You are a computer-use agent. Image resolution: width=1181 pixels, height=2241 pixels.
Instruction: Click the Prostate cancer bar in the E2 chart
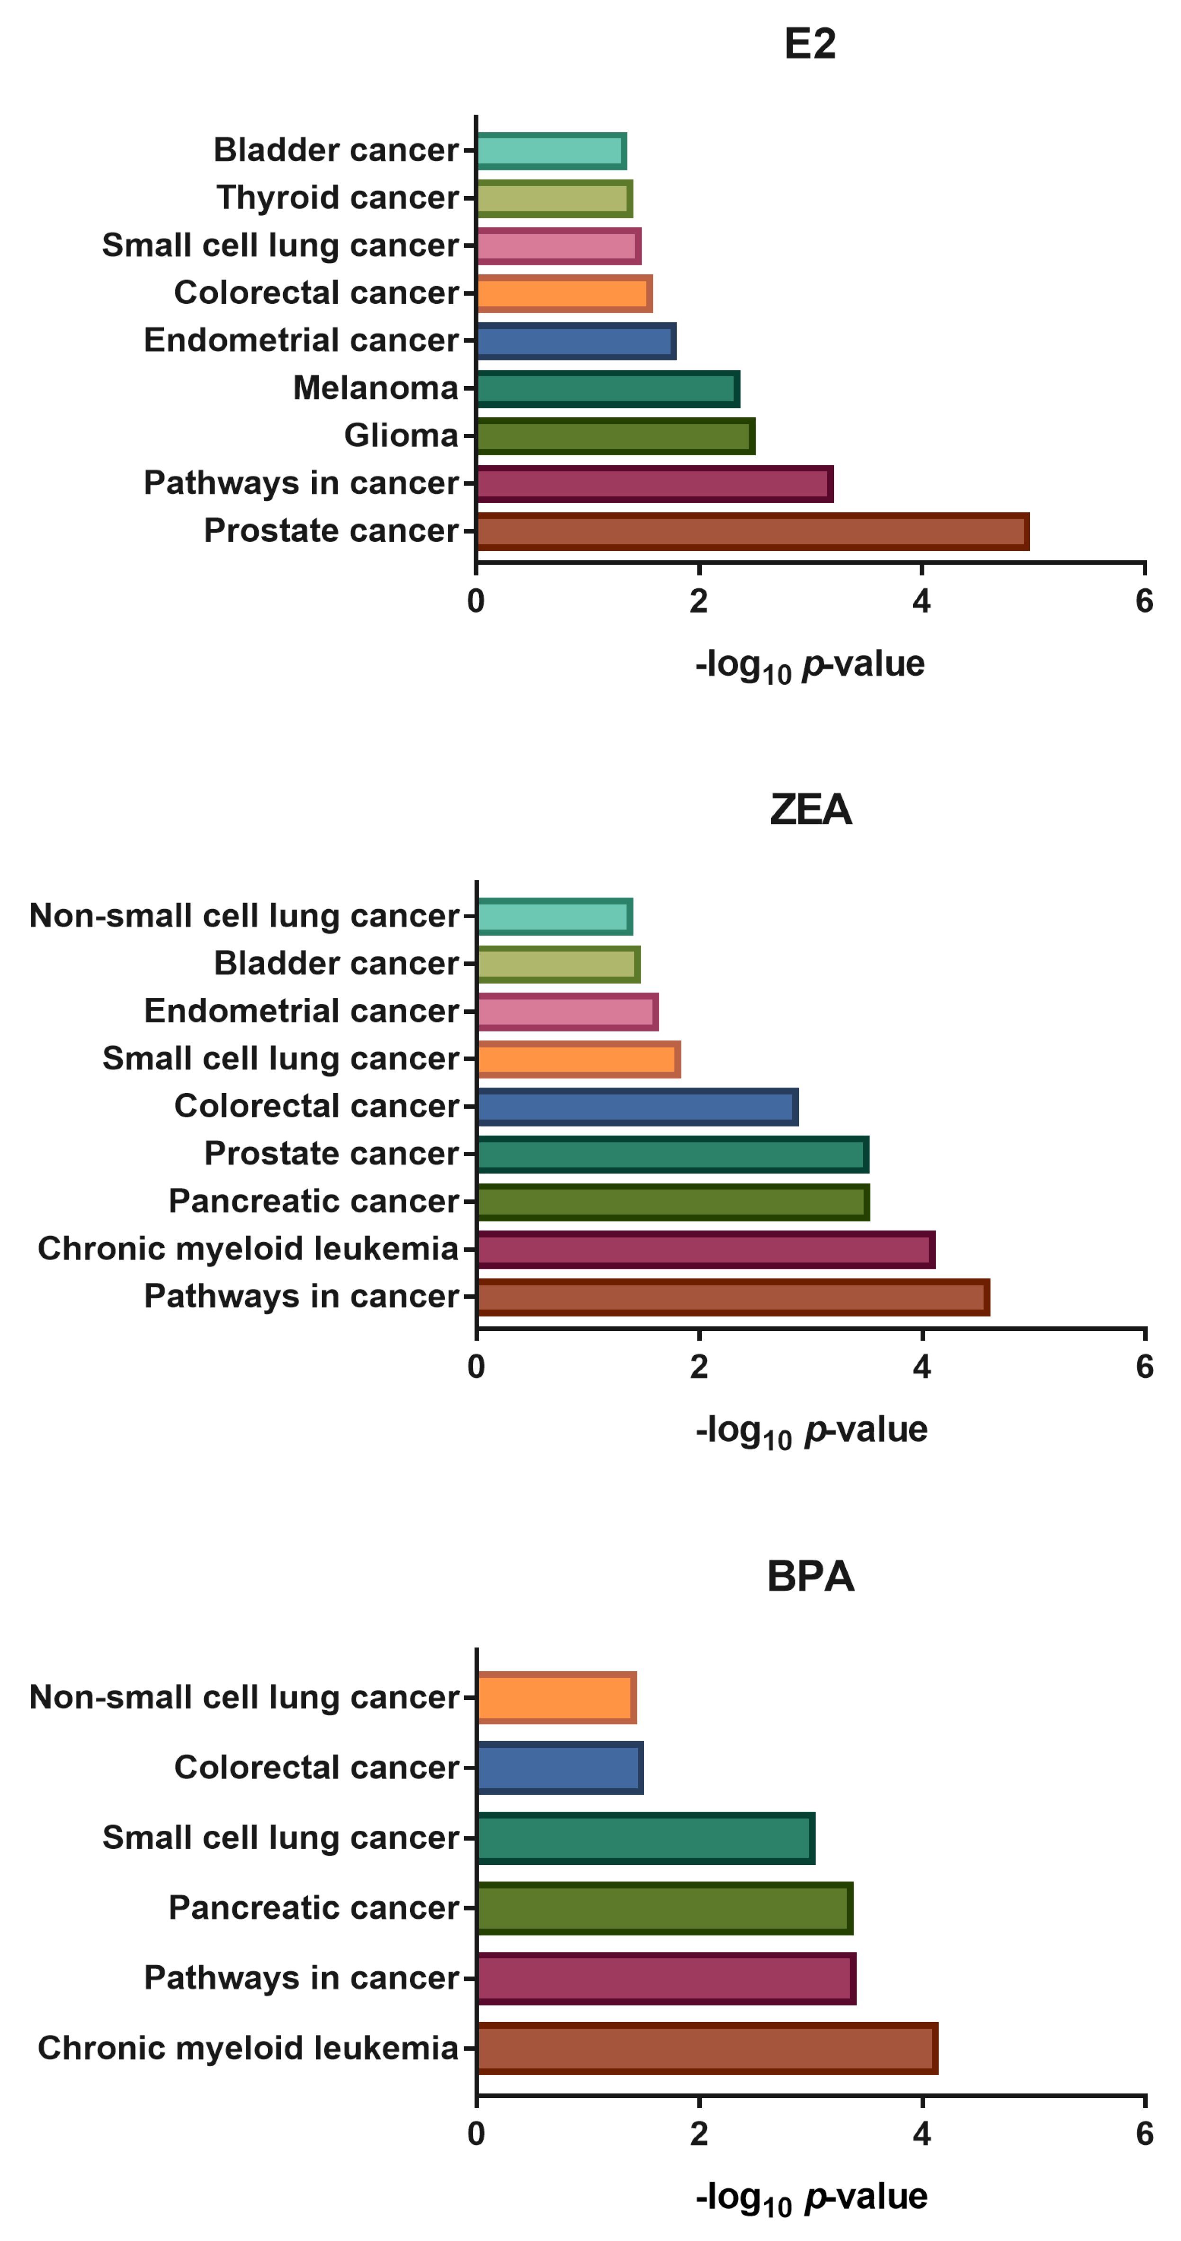[752, 532]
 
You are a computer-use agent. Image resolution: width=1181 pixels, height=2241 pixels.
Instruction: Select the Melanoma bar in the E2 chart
[607, 389]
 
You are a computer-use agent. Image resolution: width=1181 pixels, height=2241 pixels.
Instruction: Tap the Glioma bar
[615, 436]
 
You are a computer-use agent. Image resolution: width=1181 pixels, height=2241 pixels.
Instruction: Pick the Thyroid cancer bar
[554, 199]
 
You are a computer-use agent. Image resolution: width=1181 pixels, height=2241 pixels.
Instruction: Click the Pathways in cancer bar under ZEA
[732, 1297]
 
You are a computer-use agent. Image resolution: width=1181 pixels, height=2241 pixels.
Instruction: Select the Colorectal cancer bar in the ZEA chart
[636, 1107]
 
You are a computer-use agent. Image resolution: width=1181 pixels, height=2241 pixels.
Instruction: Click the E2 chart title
[810, 44]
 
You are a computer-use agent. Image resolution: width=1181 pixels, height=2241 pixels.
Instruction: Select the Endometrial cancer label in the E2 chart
[301, 340]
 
